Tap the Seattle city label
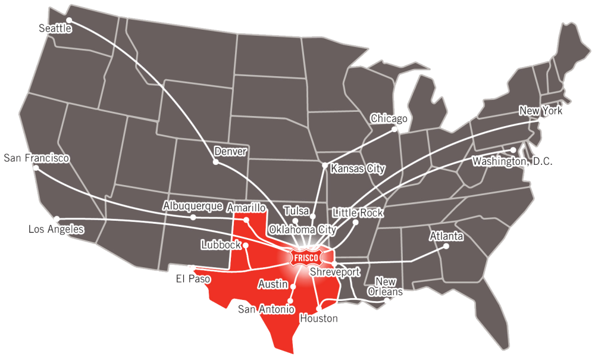click(x=55, y=29)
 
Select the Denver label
click(x=230, y=151)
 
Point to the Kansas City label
click(x=358, y=169)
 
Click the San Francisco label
click(x=36, y=158)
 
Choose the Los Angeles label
click(x=57, y=229)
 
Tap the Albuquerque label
click(x=193, y=206)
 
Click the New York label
click(x=540, y=111)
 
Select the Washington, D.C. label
click(x=512, y=161)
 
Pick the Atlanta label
click(x=446, y=237)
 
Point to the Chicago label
click(x=389, y=118)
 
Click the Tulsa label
click(x=296, y=211)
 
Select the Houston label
click(x=319, y=318)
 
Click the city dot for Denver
click(x=216, y=161)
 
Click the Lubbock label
click(x=221, y=244)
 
